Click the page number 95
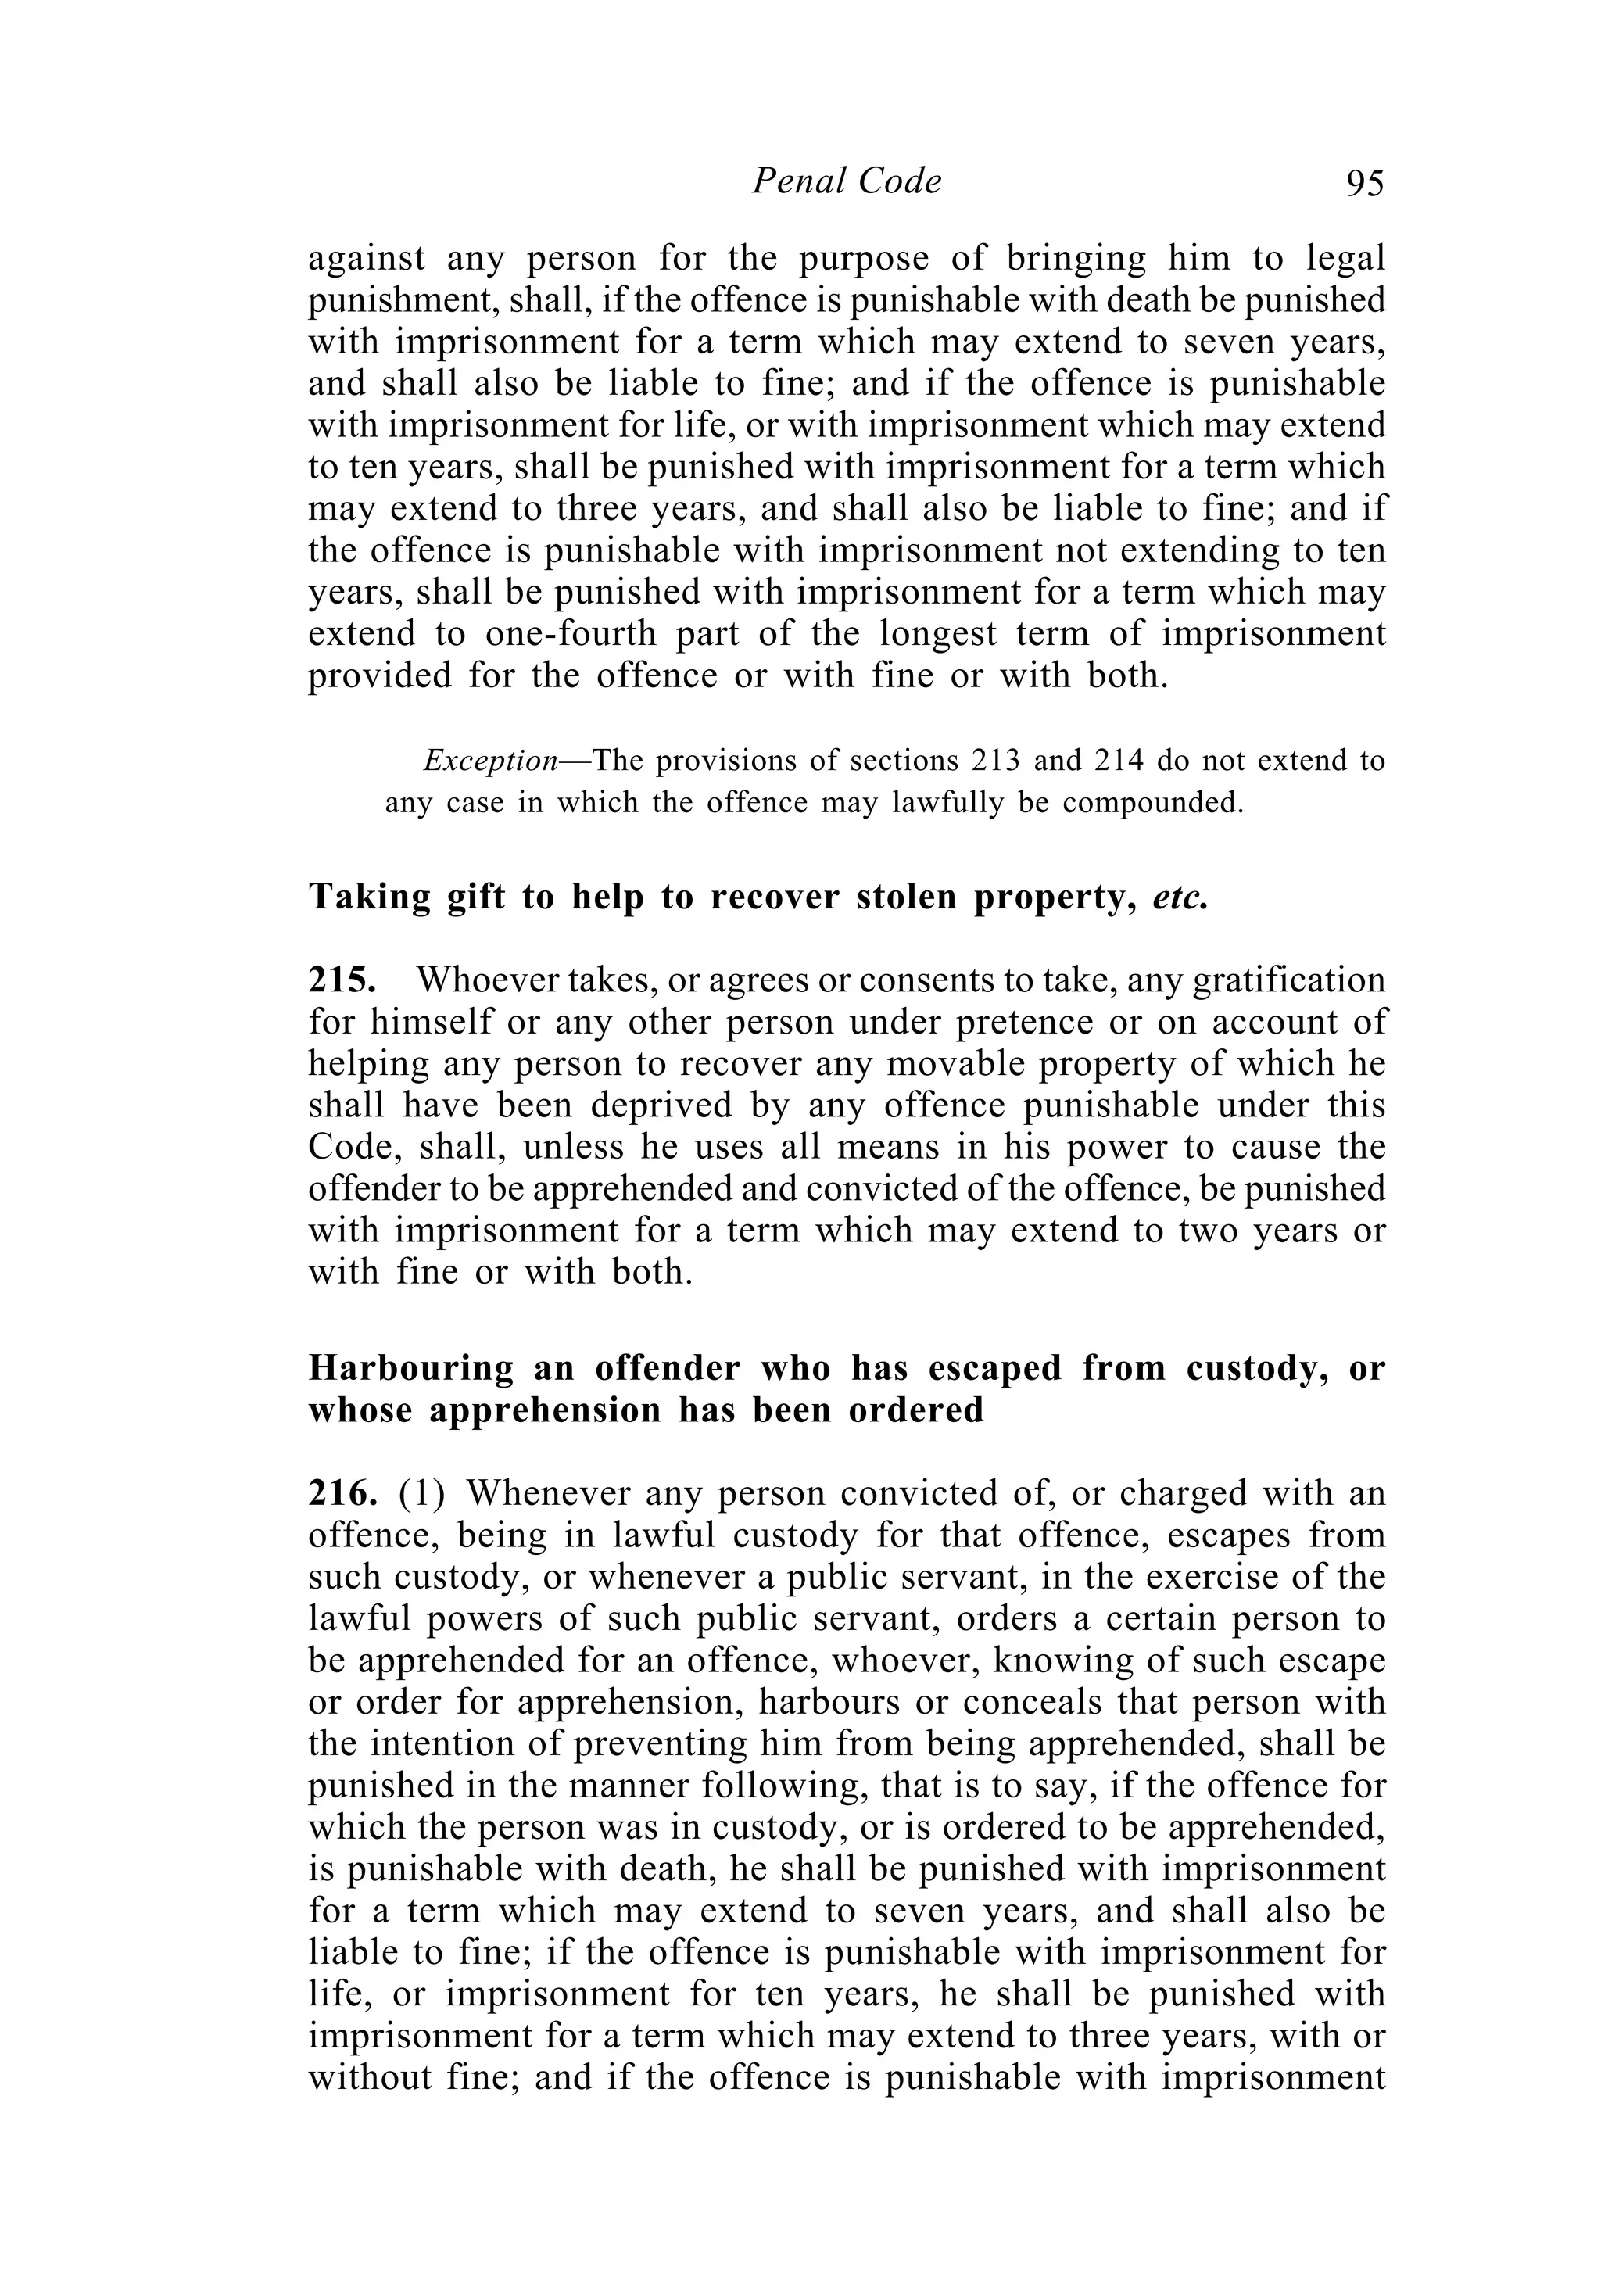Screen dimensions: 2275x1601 (x=1364, y=183)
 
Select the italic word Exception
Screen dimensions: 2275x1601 (x=490, y=761)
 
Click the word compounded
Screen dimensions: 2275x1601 (x=1152, y=803)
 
